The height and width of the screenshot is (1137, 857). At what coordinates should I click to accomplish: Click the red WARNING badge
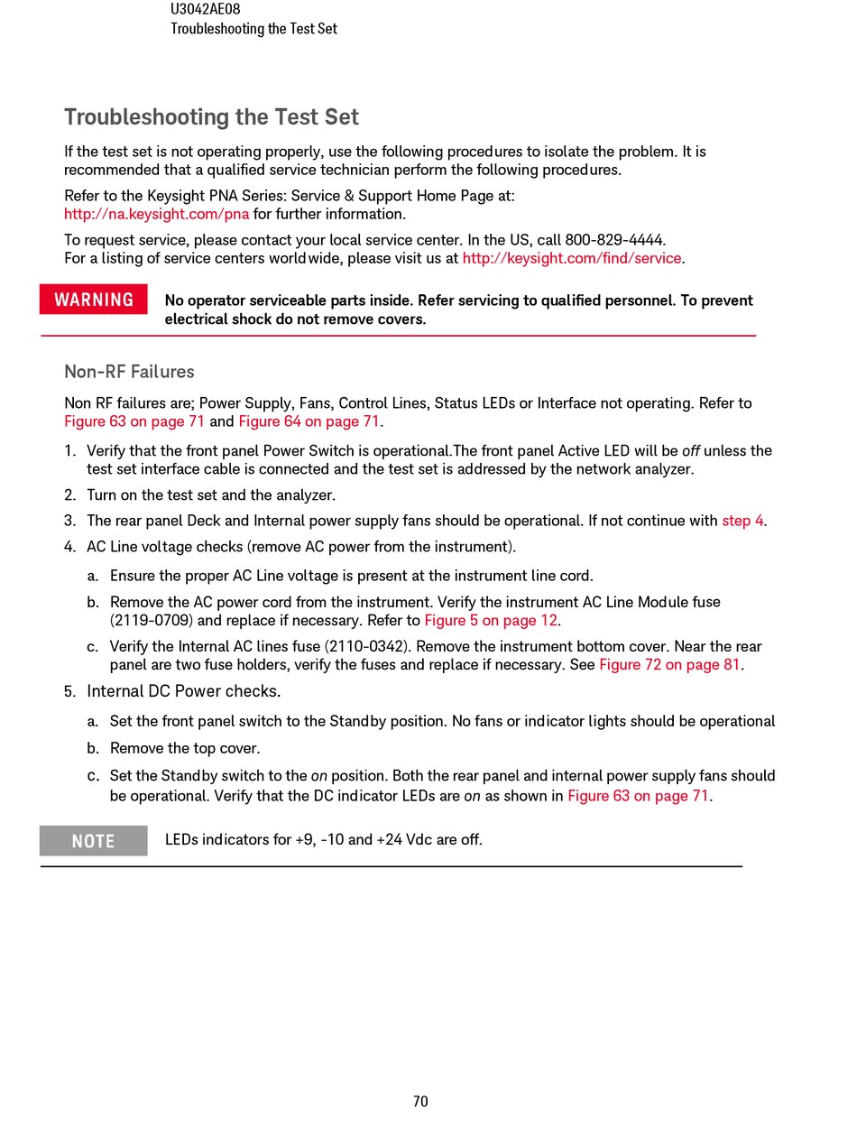click(x=93, y=300)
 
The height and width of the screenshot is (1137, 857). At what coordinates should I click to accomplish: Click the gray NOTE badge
click(x=93, y=841)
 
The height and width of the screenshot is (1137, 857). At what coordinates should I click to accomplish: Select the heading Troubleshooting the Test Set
click(x=211, y=117)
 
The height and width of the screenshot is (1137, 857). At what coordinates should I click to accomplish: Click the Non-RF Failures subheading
click(x=129, y=372)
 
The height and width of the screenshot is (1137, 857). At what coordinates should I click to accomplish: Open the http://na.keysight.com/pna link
click(x=156, y=214)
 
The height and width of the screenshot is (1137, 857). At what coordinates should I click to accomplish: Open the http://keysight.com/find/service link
click(x=571, y=258)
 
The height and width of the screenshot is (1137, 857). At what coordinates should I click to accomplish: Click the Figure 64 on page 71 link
click(x=309, y=421)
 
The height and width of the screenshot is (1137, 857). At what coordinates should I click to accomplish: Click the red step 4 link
click(x=742, y=521)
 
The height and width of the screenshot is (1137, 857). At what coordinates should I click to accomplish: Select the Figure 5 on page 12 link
click(x=491, y=620)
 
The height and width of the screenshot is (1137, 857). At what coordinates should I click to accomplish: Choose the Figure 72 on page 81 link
click(x=668, y=664)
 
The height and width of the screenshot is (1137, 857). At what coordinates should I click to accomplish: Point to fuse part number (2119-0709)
click(x=153, y=620)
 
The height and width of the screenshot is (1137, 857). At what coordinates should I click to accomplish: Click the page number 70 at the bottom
click(x=420, y=1101)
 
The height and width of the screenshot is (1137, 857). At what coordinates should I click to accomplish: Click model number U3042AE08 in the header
click(x=205, y=9)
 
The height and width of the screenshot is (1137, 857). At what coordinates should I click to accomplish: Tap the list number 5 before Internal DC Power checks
click(x=69, y=691)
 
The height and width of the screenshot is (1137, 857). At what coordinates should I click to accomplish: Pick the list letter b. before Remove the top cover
click(x=92, y=748)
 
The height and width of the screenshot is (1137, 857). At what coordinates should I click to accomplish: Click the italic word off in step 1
click(x=691, y=450)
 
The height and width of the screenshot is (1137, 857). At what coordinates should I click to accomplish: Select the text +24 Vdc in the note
click(x=403, y=839)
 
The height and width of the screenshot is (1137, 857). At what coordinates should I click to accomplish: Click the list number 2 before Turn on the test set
click(x=69, y=495)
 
